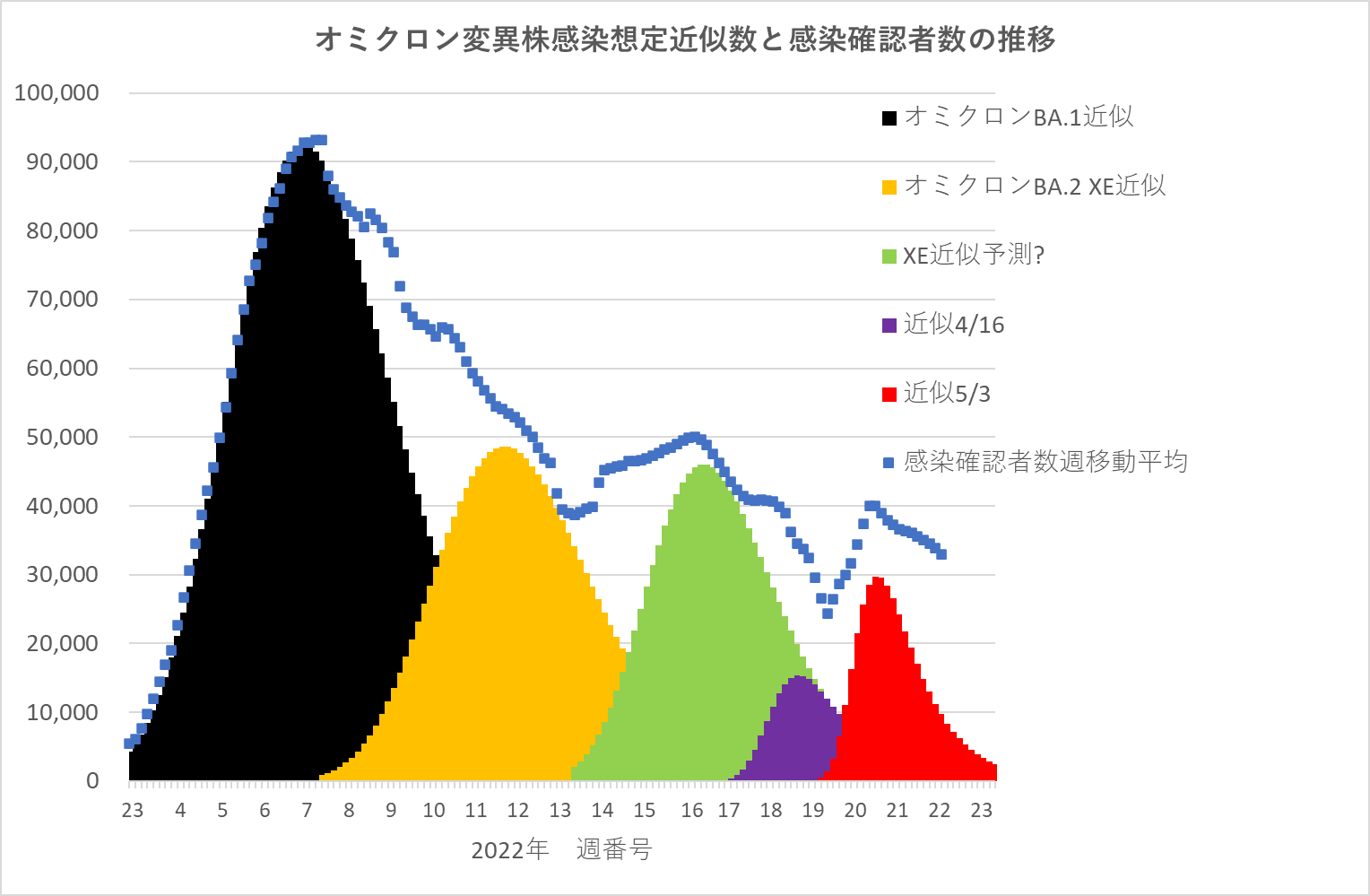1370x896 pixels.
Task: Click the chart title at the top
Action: pos(685,39)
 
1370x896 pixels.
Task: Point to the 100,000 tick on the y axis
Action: pos(56,93)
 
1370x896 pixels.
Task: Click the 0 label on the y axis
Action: pos(92,781)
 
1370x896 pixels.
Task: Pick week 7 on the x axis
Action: pos(307,811)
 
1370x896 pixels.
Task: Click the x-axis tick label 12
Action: pos(517,811)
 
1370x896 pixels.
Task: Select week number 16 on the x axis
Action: pos(691,811)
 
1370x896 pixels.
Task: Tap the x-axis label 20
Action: pos(854,811)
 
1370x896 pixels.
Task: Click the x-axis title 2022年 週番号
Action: pos(561,849)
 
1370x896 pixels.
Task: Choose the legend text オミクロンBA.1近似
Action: pos(1019,117)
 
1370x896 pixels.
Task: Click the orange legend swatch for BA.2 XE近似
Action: pos(889,187)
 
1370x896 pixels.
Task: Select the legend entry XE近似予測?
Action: pos(974,256)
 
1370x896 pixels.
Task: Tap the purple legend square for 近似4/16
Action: pos(889,325)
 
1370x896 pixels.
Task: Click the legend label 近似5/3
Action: pos(947,394)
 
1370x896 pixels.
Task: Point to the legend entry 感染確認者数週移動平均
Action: pos(1045,462)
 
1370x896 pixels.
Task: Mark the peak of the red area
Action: pos(877,579)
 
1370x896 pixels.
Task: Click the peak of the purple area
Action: pos(798,678)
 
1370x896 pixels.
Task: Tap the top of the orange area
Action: pos(505,448)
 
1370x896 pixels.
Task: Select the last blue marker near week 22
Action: pos(941,554)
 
